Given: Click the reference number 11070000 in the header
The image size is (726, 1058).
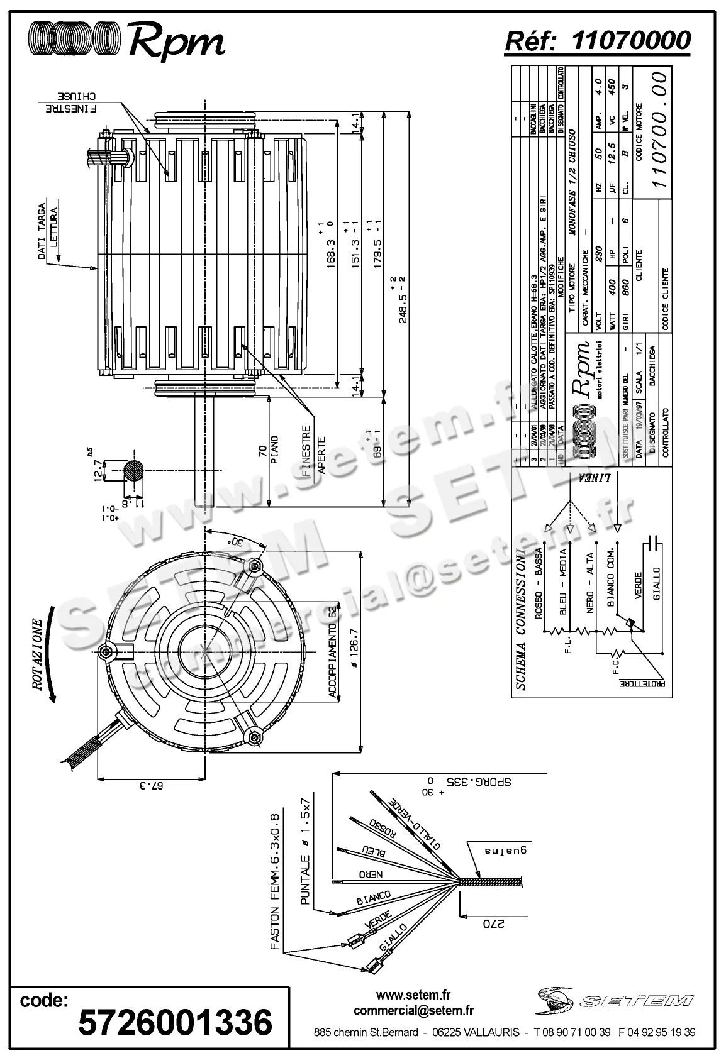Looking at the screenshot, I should pos(631,40).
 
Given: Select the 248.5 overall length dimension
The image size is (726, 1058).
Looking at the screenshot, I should pos(400,300).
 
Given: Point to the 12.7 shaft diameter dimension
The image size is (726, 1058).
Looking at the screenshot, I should pos(98,470).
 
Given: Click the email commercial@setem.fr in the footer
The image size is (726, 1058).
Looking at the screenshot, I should pos(413,1011).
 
